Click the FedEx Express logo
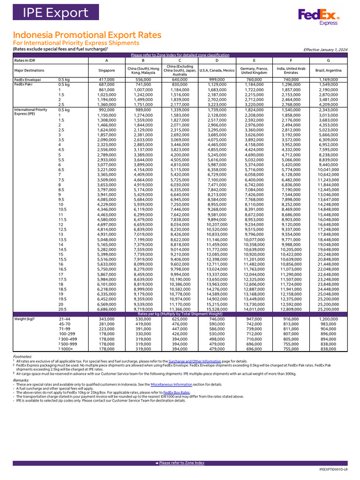(x=319, y=16)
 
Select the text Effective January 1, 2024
(x=325, y=49)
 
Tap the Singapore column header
(x=106, y=70)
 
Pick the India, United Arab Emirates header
(x=291, y=70)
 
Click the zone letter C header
(x=180, y=60)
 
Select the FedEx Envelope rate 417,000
(x=106, y=80)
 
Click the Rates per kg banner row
(x=180, y=314)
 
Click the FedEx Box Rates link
(x=176, y=392)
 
